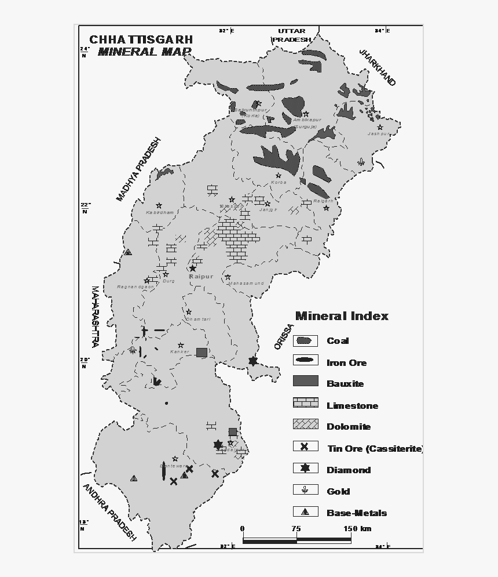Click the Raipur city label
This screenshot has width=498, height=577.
click(x=201, y=277)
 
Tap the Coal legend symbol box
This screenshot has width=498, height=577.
click(x=305, y=341)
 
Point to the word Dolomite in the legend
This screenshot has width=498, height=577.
click(x=349, y=427)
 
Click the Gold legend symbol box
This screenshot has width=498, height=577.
click(x=305, y=490)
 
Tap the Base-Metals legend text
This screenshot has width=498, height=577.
click(x=357, y=513)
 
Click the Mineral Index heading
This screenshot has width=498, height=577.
click(x=342, y=316)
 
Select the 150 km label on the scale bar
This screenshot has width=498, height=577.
click(x=357, y=528)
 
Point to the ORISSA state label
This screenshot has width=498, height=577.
click(x=281, y=336)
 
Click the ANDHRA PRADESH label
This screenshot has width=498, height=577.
click(x=109, y=512)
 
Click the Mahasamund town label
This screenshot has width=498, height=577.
click(x=246, y=284)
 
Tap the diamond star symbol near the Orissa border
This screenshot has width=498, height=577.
click(x=252, y=361)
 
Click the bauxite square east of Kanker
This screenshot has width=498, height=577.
click(x=201, y=352)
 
